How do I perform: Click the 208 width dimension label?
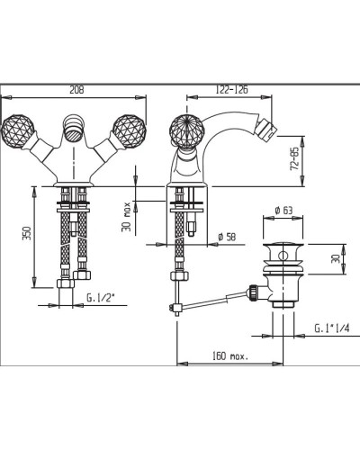pyautogui.click(x=76, y=90)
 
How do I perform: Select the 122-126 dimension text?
pyautogui.click(x=232, y=90)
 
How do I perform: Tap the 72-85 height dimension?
pyautogui.click(x=294, y=159)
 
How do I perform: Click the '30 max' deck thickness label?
pyautogui.click(x=127, y=217)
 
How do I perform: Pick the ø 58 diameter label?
pyautogui.click(x=227, y=237)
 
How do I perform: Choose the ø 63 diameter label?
pyautogui.click(x=283, y=211)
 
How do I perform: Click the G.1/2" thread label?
pyautogui.click(x=101, y=298)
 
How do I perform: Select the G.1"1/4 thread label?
pyautogui.click(x=332, y=328)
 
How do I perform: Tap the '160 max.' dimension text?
pyautogui.click(x=230, y=356)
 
